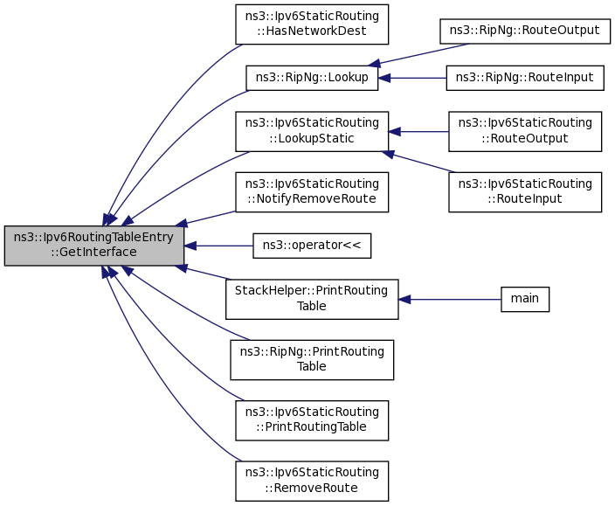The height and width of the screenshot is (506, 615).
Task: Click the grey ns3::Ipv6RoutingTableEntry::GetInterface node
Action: coord(94,246)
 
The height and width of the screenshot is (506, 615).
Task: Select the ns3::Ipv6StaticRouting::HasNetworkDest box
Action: coord(312,24)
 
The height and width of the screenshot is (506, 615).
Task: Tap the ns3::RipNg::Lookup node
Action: coord(312,78)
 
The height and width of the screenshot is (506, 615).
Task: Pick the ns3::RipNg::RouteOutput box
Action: coord(525,31)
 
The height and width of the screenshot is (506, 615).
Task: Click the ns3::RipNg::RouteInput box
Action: coord(525,78)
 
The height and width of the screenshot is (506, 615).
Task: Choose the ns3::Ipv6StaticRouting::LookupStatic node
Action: coord(312,131)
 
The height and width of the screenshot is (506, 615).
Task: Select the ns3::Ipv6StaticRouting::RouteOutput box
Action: coord(525,131)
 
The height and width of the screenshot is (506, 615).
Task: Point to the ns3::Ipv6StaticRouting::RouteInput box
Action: coord(525,192)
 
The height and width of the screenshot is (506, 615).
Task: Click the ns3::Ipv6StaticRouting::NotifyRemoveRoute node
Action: coord(312,192)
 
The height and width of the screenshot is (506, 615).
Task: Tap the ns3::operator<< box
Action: coord(312,246)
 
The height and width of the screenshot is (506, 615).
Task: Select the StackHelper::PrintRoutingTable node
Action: coord(312,299)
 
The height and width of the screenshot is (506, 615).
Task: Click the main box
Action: coord(525,299)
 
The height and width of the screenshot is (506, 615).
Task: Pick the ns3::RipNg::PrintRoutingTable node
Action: coord(312,360)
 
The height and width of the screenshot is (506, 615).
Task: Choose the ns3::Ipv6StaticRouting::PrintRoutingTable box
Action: coord(312,420)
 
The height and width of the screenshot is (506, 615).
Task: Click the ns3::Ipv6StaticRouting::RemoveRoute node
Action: coord(312,481)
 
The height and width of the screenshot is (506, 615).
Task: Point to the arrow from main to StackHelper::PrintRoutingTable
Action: coord(450,300)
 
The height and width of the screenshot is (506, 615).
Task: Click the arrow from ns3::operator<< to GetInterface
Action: coord(218,246)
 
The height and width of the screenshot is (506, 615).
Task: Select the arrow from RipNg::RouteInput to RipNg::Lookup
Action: coord(412,78)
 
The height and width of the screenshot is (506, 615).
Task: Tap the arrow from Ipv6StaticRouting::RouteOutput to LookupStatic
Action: coord(418,131)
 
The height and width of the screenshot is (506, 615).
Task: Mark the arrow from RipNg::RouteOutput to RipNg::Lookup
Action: coord(418,54)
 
